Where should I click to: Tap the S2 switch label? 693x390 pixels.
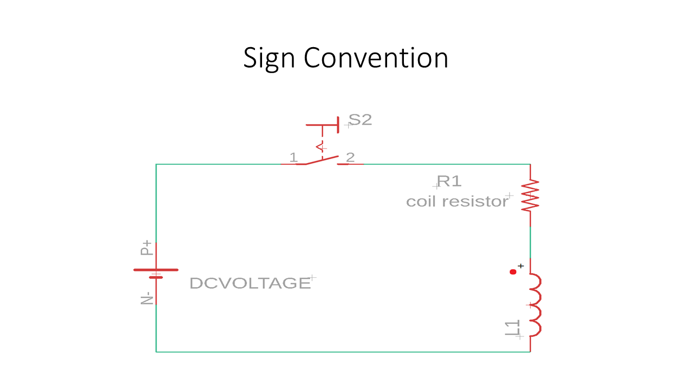coord(360,120)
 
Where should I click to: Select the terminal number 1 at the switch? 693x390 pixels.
coord(293,158)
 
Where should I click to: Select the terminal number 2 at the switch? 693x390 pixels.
coord(350,158)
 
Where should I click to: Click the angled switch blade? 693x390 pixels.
coord(322,160)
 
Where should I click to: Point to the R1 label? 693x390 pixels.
coord(449,181)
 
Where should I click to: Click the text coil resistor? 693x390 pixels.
coord(457,201)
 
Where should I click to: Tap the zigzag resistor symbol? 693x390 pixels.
coord(530,196)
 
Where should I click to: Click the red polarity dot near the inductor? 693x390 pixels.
coord(513,272)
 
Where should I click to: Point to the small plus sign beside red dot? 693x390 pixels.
coord(521,266)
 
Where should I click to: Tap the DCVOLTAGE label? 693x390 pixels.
coord(250,283)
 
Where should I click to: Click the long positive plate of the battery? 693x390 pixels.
coord(156,270)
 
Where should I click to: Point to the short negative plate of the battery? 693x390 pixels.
coord(156,277)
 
